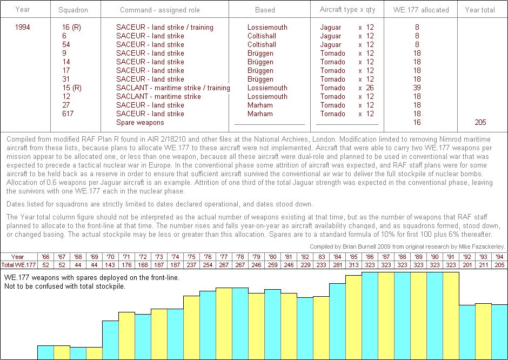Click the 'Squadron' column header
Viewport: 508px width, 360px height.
pyautogui.click(x=72, y=10)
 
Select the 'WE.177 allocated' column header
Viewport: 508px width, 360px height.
pyautogui.click(x=420, y=10)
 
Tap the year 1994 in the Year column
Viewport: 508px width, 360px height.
pyautogui.click(x=23, y=27)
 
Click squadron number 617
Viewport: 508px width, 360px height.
pyautogui.click(x=68, y=114)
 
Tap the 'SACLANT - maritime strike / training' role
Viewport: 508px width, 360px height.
pyautogui.click(x=173, y=88)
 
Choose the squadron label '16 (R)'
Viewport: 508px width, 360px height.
pyautogui.click(x=72, y=27)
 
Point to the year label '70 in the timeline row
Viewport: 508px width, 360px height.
pyautogui.click(x=110, y=257)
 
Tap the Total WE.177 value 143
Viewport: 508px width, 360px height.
pyautogui.click(x=110, y=264)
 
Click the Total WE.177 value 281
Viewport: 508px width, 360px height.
pyautogui.click(x=337, y=264)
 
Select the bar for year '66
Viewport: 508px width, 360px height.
pyautogui.click(x=45, y=352)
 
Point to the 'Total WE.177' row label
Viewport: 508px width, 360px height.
pyautogui.click(x=18, y=264)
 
